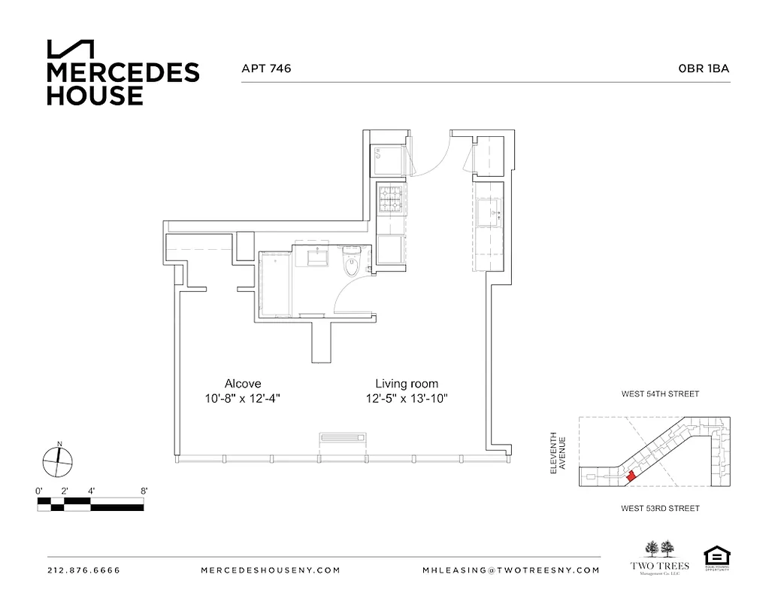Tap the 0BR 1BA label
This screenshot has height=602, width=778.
(x=704, y=68)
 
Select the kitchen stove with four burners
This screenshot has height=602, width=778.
(x=391, y=199)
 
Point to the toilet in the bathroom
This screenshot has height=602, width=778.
(x=351, y=264)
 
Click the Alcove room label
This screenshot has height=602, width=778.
(x=243, y=383)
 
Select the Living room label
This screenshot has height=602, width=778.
(x=407, y=383)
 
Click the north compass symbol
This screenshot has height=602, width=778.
(x=57, y=461)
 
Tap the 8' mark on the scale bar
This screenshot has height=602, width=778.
(x=143, y=491)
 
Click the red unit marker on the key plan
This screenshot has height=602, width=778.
(x=631, y=476)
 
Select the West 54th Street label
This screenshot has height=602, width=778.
(x=660, y=394)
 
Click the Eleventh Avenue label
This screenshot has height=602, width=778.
(x=557, y=452)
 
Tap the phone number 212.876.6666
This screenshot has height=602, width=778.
(x=83, y=570)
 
